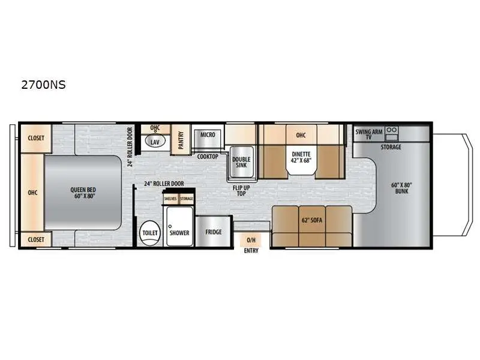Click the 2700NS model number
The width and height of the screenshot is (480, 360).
tap(43, 85)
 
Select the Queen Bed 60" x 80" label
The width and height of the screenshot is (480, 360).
tap(82, 193)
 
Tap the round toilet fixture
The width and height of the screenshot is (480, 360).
tap(148, 233)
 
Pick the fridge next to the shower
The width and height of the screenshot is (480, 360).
tap(214, 232)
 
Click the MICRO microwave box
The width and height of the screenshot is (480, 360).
tap(208, 135)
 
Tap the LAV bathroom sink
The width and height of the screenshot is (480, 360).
tap(155, 142)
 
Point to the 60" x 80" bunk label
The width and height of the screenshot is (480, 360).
tap(401, 188)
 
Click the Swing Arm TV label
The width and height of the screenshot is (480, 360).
tap(368, 134)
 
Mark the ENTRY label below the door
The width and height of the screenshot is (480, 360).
tap(251, 250)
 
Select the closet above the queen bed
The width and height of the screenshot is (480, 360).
tap(35, 138)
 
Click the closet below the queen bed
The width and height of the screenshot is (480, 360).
tap(35, 239)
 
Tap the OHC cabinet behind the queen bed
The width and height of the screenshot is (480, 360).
tap(32, 193)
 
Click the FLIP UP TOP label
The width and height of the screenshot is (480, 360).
tap(242, 190)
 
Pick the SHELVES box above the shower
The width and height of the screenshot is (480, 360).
tap(170, 199)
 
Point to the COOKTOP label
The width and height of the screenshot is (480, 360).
tap(208, 156)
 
